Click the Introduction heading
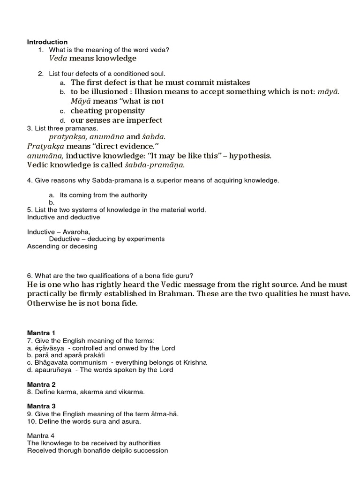click(47, 42)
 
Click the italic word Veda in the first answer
click(58, 58)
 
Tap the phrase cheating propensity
click(107, 111)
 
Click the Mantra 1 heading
click(41, 332)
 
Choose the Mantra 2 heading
click(41, 384)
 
